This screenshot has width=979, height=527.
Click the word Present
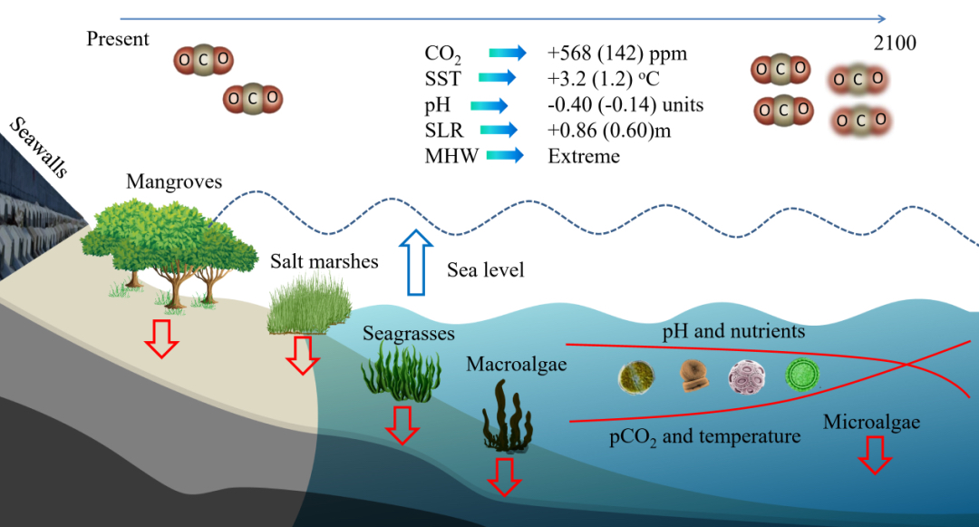click(x=117, y=39)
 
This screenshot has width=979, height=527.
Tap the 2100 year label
click(x=895, y=43)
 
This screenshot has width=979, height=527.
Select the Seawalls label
click(x=39, y=147)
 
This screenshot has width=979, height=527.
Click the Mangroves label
click(x=174, y=181)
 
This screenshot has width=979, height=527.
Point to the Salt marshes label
click(x=324, y=261)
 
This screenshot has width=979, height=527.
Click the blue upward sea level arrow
click(x=416, y=262)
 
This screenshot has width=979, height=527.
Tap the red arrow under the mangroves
click(x=161, y=338)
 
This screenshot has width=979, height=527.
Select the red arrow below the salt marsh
click(x=303, y=356)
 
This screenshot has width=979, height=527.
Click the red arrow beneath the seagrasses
click(x=402, y=425)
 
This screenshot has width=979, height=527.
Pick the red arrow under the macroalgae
click(x=504, y=477)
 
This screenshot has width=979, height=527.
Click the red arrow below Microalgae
click(x=875, y=455)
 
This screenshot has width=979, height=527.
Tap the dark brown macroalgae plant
click(x=508, y=416)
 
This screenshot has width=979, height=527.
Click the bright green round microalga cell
click(x=801, y=376)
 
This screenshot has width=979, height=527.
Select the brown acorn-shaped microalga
click(x=693, y=376)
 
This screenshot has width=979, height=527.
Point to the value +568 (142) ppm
click(x=617, y=54)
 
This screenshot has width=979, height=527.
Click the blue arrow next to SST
click(x=497, y=77)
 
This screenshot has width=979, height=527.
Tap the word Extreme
click(x=584, y=156)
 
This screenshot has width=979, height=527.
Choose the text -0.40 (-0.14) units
click(x=625, y=105)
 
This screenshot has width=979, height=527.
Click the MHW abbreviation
click(x=451, y=156)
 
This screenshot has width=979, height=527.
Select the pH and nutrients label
click(x=733, y=331)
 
